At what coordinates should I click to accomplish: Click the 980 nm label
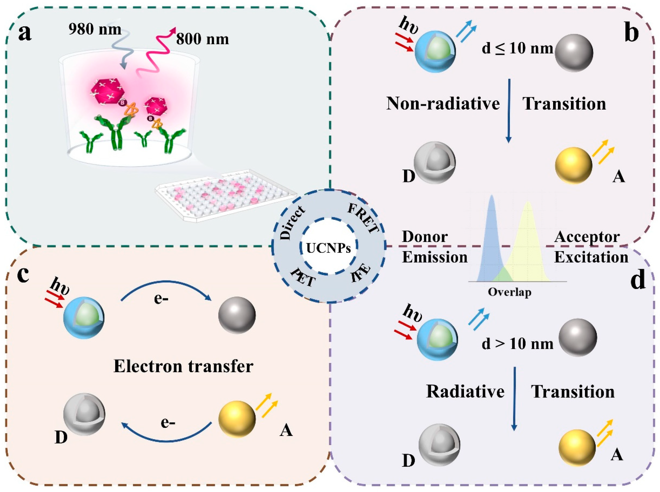click(95, 29)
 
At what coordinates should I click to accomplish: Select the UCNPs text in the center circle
click(328, 248)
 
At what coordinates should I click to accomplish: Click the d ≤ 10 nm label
click(517, 48)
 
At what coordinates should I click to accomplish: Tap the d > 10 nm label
click(517, 344)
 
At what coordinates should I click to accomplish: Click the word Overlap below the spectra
click(509, 292)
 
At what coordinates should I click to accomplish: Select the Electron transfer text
click(183, 366)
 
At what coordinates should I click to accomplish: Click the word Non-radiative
click(443, 104)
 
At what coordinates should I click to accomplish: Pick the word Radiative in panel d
click(465, 391)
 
